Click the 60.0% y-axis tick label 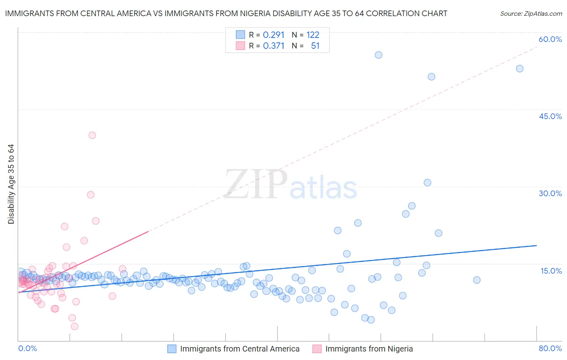click(x=550, y=39)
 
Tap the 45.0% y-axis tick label click(x=550, y=116)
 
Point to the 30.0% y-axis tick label click(x=550, y=193)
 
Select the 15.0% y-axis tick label click(x=551, y=271)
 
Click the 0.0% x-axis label click(x=27, y=348)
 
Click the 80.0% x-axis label click(x=550, y=348)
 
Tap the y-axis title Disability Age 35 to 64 click(x=11, y=184)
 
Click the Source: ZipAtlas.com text click(x=531, y=14)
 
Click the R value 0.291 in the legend click(x=273, y=35)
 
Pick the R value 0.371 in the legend click(x=273, y=46)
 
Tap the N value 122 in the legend click(x=313, y=35)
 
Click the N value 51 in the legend click(x=315, y=46)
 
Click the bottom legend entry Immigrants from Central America click(x=240, y=349)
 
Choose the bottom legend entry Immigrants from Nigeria click(x=369, y=349)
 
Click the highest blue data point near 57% click(x=378, y=55)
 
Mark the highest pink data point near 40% click(x=92, y=135)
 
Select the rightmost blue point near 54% click(x=519, y=69)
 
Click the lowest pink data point click(x=75, y=326)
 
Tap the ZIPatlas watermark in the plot click(x=290, y=184)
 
